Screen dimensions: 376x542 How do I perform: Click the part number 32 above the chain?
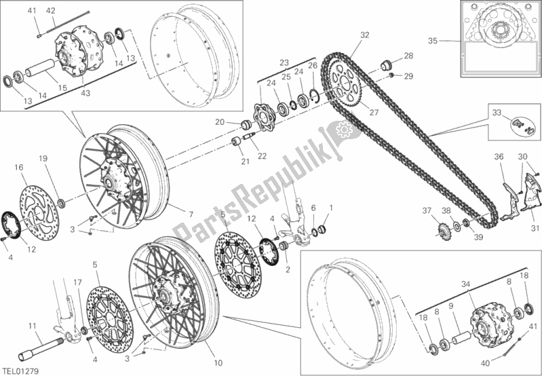coord(364,35)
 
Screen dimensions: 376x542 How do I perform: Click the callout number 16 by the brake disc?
coord(18,166)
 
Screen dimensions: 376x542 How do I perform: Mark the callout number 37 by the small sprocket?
coord(427,211)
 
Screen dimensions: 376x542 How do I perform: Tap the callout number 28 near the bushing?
coord(408,56)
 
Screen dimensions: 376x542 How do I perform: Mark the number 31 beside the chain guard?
coord(535,227)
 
